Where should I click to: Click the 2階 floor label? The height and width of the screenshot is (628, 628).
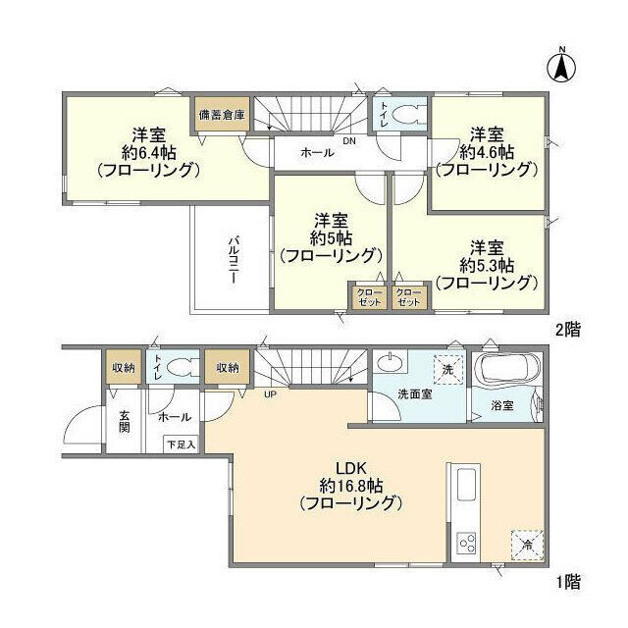click(x=566, y=331)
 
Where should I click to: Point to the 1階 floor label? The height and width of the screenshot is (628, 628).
click(x=566, y=581)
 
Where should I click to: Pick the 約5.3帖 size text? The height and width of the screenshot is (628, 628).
click(x=487, y=264)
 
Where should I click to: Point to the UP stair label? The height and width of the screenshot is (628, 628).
click(x=267, y=396)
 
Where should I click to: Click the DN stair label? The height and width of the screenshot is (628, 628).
click(x=349, y=140)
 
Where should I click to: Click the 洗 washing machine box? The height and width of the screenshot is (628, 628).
click(x=447, y=371)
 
